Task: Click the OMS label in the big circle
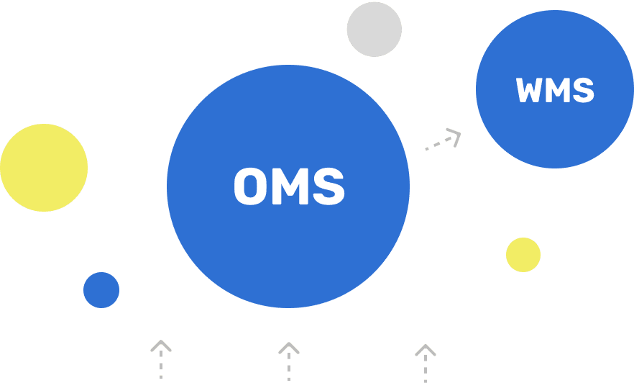pyautogui.click(x=289, y=186)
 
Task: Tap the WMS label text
pyautogui.click(x=555, y=91)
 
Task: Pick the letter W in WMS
pyautogui.click(x=530, y=91)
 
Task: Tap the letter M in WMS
pyautogui.click(x=558, y=91)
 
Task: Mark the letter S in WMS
pyautogui.click(x=583, y=91)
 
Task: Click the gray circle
pyautogui.click(x=374, y=29)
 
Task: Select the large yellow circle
pyautogui.click(x=44, y=168)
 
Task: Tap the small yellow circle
pyautogui.click(x=523, y=255)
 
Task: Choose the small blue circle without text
pyautogui.click(x=101, y=290)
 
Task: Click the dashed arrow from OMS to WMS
pyautogui.click(x=441, y=140)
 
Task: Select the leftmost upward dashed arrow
pyautogui.click(x=161, y=359)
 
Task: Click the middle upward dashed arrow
pyautogui.click(x=289, y=361)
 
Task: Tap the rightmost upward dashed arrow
pyautogui.click(x=426, y=362)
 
